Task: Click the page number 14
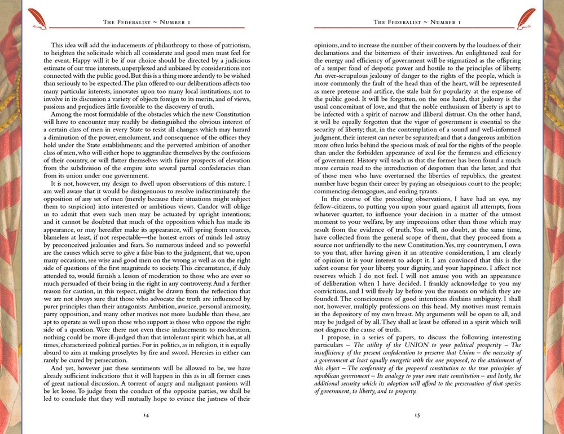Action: [146, 415]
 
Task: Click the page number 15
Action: [417, 415]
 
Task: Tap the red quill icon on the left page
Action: [37, 17]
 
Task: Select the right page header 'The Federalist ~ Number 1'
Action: [417, 23]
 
